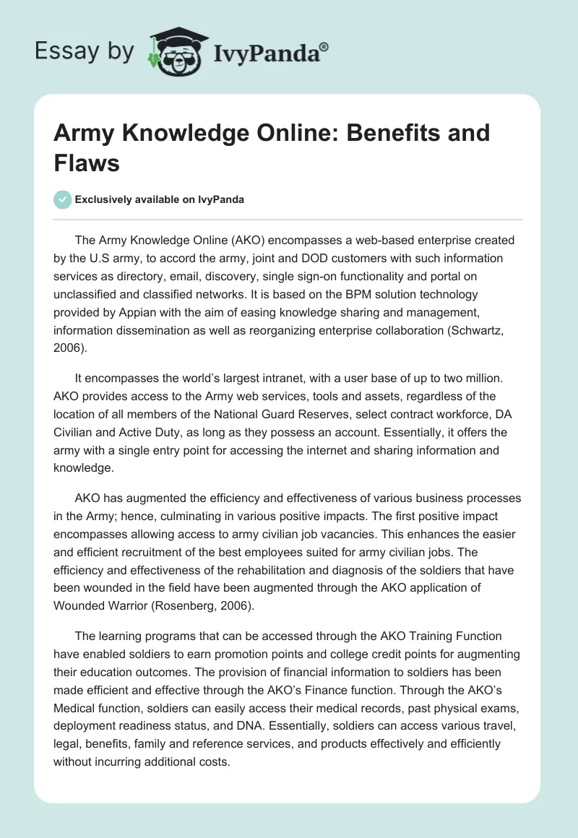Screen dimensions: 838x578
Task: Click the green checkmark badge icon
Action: [62, 199]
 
